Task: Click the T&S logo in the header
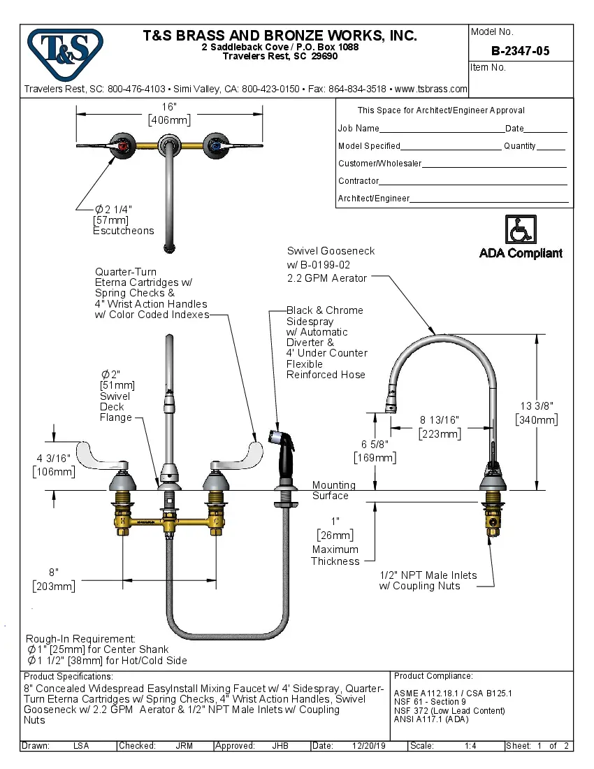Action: coord(64,48)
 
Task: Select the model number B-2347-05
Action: coord(520,50)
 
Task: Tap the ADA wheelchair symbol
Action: coord(521,229)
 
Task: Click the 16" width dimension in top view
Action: coord(169,106)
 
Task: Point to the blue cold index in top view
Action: coord(214,145)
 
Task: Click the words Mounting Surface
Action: coord(333,490)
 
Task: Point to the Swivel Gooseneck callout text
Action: coord(331,251)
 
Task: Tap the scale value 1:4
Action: coord(470,746)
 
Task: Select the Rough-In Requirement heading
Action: coord(80,639)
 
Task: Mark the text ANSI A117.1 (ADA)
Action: coord(431,719)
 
